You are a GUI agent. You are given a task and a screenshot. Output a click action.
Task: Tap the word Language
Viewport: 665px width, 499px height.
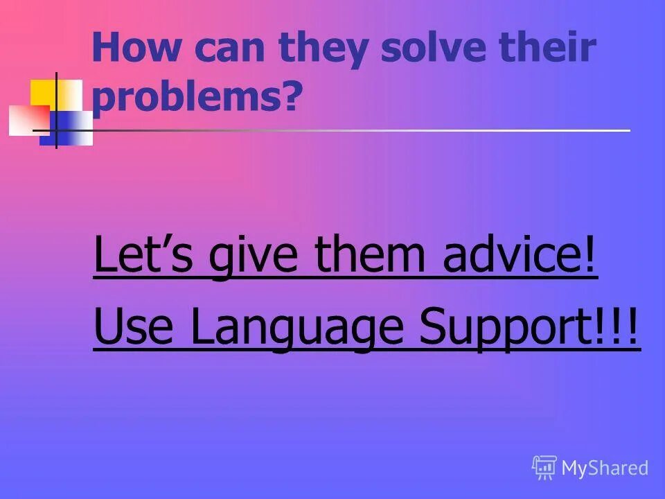[x=294, y=330]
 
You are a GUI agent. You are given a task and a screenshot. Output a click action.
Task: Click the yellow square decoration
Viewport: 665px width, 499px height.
[x=44, y=92]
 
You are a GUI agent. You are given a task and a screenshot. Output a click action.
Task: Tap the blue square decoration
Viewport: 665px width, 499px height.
[x=69, y=128]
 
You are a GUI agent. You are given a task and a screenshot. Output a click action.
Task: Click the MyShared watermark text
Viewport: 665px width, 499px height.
[x=605, y=469]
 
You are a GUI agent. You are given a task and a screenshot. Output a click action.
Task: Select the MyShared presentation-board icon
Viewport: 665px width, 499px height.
[x=544, y=468]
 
